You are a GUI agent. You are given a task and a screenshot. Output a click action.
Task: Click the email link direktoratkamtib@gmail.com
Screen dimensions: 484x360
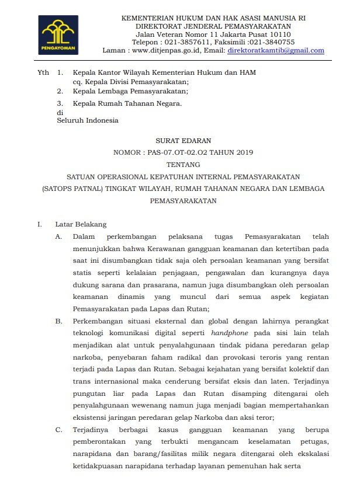276,51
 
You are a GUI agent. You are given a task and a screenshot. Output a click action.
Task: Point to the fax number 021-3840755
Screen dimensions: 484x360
271,43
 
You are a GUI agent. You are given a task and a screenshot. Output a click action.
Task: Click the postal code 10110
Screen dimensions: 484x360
279,34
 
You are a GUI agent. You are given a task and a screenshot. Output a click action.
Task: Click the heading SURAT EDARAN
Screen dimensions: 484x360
183,141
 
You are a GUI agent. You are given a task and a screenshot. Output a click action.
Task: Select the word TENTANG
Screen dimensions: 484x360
183,165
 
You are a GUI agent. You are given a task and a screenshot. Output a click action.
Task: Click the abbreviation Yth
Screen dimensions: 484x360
43,72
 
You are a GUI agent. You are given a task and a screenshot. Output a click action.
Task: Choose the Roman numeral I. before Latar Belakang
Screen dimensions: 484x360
39,224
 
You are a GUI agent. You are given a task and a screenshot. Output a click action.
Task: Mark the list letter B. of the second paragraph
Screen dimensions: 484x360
58,322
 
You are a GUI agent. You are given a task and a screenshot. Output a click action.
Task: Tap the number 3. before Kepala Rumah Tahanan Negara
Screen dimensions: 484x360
60,103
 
